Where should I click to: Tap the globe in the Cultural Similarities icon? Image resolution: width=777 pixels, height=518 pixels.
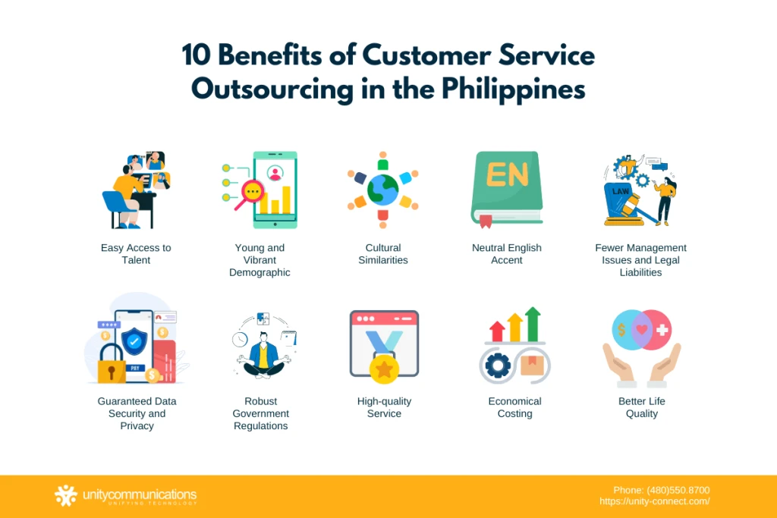click(x=383, y=190)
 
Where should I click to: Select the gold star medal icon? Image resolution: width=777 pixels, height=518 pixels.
click(x=384, y=369)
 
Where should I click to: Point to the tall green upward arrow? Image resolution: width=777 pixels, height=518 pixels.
click(x=533, y=324)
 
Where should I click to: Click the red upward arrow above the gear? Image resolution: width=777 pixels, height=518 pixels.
click(x=498, y=331)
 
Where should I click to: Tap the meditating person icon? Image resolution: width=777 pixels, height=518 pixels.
click(x=263, y=353)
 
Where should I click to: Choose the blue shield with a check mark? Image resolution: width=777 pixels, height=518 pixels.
click(x=134, y=341)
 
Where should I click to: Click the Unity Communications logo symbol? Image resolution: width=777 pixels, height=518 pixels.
click(x=66, y=496)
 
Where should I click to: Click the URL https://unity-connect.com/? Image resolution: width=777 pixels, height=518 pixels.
click(x=654, y=501)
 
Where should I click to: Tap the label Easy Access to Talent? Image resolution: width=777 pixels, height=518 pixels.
click(x=136, y=254)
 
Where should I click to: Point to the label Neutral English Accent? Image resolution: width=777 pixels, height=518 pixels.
click(x=507, y=254)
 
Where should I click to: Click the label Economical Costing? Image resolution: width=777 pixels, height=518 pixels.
click(x=514, y=407)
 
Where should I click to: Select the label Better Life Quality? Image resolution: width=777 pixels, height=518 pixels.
click(x=641, y=407)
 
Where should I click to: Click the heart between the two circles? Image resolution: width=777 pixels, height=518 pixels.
click(x=641, y=330)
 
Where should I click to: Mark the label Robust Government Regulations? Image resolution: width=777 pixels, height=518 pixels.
click(x=260, y=413)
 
